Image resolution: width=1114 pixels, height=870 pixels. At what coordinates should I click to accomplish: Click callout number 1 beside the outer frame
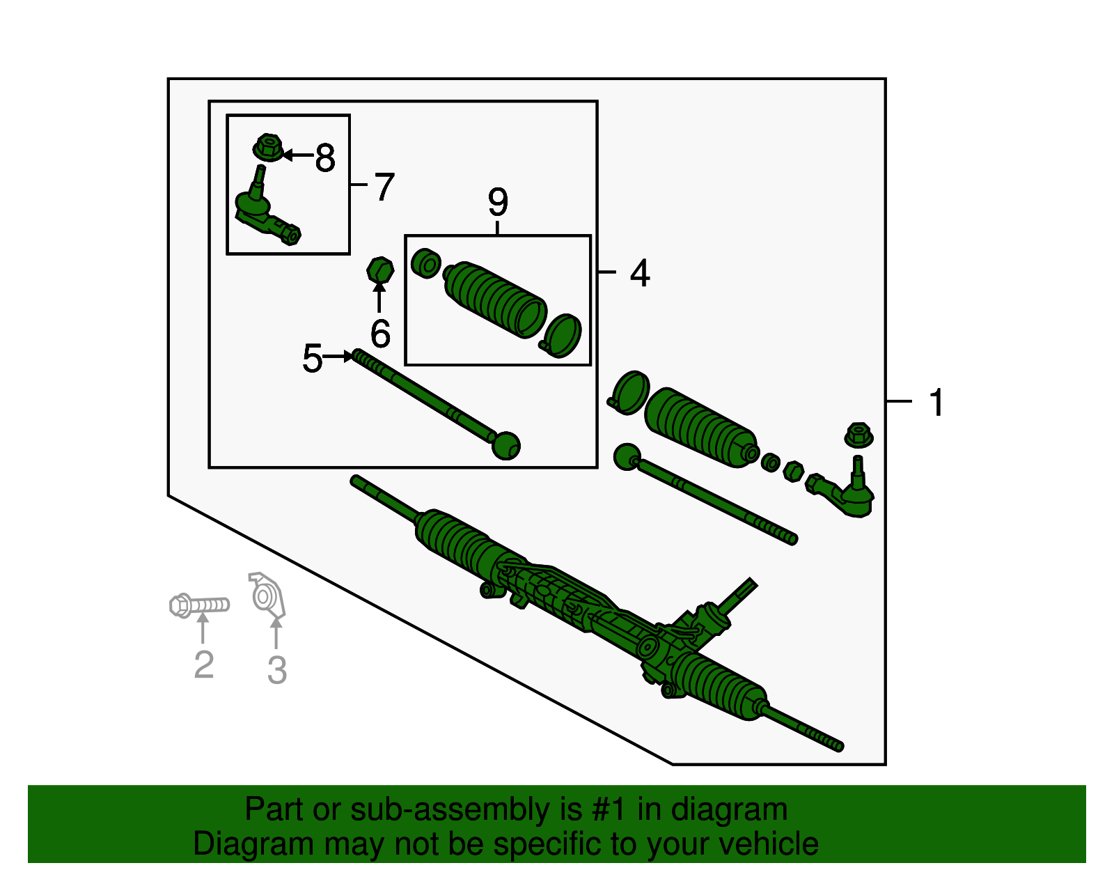click(936, 403)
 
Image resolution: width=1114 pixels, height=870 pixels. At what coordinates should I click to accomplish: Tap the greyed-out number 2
click(203, 664)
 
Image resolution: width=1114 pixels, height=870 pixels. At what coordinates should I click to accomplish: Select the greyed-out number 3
click(276, 670)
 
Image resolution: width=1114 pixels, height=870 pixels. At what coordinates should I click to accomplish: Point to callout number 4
click(639, 272)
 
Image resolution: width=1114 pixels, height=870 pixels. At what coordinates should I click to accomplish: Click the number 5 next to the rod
click(312, 359)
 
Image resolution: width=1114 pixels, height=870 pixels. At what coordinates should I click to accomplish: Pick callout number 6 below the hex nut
click(380, 334)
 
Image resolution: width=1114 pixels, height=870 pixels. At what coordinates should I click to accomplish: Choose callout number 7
click(384, 187)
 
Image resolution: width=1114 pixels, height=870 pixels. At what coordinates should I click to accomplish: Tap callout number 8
click(324, 157)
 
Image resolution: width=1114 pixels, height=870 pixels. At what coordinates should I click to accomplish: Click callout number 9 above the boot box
click(498, 202)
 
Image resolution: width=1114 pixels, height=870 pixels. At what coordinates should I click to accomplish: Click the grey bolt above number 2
click(199, 605)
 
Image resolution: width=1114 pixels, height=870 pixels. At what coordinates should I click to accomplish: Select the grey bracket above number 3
click(267, 596)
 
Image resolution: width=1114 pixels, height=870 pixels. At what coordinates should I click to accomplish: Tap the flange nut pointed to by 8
click(268, 148)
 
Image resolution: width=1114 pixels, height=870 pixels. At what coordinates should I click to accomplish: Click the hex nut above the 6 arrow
click(380, 270)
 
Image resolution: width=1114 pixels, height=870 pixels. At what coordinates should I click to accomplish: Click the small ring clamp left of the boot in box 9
click(425, 263)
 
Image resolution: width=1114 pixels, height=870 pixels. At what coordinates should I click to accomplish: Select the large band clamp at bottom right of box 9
click(562, 336)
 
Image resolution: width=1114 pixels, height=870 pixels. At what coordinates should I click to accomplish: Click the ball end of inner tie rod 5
click(505, 446)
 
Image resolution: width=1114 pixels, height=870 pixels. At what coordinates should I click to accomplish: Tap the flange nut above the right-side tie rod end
click(858, 435)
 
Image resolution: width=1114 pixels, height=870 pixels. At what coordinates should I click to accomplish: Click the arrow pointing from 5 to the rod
click(340, 357)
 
